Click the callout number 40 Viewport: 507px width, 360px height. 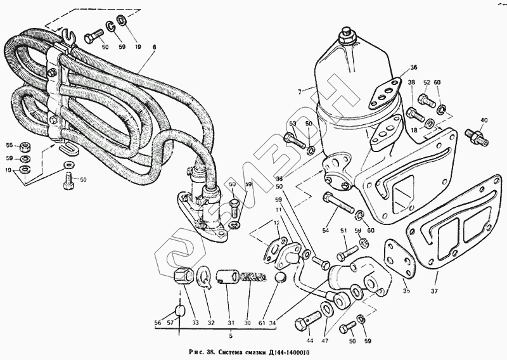coord(484,120)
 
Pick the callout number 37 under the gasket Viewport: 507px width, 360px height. coord(434,292)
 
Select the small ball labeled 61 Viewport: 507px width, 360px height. coord(281,280)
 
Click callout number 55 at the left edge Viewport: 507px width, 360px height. coord(10,145)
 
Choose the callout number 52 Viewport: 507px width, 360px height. coord(427,83)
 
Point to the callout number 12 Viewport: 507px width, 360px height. coord(276,224)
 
